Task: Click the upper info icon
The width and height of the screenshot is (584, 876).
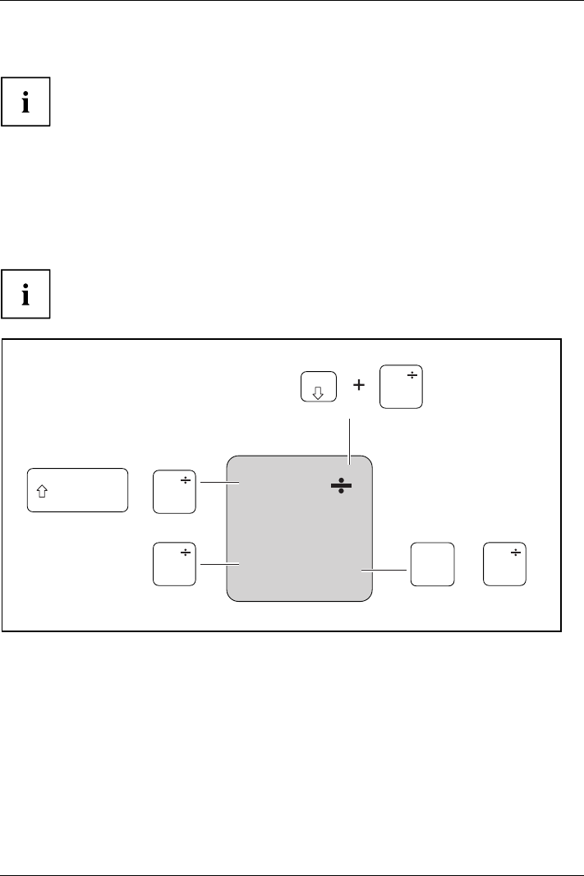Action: coord(25,102)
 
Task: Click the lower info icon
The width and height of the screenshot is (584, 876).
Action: coord(25,293)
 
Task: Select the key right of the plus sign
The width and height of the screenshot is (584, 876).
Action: coord(401,388)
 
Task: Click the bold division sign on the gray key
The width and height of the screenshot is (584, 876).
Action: coord(341,485)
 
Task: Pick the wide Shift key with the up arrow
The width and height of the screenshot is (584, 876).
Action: coord(78,490)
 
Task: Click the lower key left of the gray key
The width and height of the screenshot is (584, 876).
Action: coord(174,564)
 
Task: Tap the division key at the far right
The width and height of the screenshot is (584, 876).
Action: coord(505,564)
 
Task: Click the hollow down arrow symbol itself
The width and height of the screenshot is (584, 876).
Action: coord(319,392)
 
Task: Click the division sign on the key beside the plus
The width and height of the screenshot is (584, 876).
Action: coord(412,376)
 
